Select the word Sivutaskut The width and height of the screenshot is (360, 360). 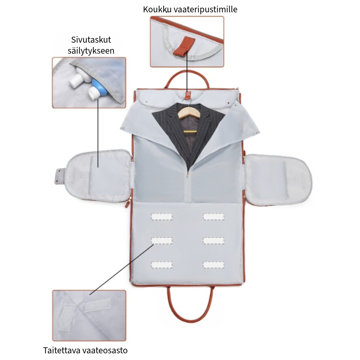pyautogui.click(x=91, y=40)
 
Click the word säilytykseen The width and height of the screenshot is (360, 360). pyautogui.click(x=91, y=51)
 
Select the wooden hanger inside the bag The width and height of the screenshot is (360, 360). pyautogui.click(x=189, y=112)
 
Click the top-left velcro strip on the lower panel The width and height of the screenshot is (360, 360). pyautogui.click(x=162, y=217)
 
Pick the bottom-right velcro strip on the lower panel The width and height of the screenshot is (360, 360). pyautogui.click(x=213, y=265)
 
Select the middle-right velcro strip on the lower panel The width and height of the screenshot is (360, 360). pyautogui.click(x=213, y=241)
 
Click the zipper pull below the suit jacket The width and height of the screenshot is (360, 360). pyautogui.click(x=187, y=175)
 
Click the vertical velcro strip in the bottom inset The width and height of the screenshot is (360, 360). pyautogui.click(x=67, y=317)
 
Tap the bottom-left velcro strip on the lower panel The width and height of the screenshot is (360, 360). pyautogui.click(x=162, y=265)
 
